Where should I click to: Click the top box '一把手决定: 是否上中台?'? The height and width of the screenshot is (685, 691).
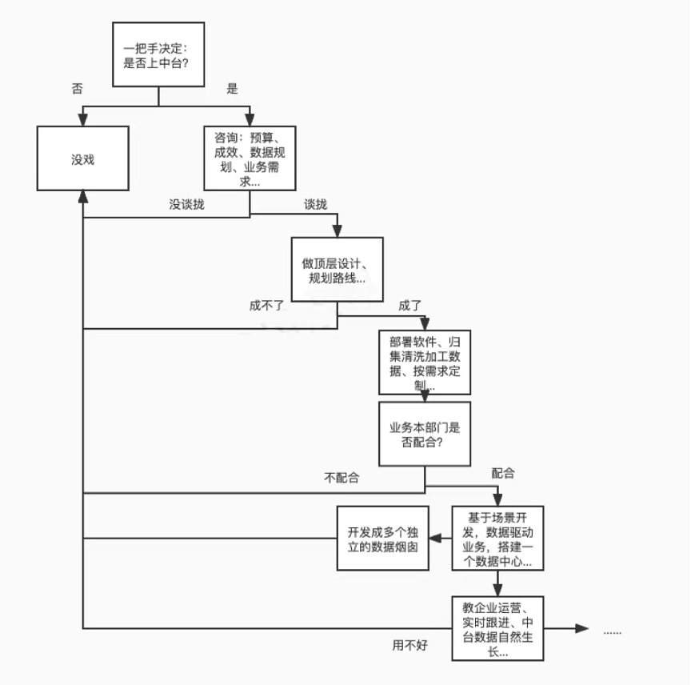[x=158, y=54]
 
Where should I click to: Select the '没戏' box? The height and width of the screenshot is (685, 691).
[x=83, y=158]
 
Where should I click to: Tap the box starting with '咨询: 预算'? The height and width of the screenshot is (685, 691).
[x=250, y=158]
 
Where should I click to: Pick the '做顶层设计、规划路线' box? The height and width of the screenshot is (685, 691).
[x=337, y=270]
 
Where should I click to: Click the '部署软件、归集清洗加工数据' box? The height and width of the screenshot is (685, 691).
[x=424, y=363]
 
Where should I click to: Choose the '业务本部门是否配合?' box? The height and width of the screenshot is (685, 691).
[x=424, y=434]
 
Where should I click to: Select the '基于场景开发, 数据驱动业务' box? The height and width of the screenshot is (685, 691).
[x=497, y=538]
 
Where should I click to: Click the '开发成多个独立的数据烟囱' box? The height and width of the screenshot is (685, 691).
[x=382, y=538]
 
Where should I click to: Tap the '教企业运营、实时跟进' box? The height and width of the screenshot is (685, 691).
[x=497, y=627]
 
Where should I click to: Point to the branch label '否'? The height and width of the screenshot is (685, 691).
[x=78, y=89]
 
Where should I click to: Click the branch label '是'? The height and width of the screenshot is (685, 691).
[x=232, y=89]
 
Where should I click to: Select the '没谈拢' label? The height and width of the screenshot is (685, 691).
[x=186, y=204]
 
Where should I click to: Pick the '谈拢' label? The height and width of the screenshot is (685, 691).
[x=315, y=204]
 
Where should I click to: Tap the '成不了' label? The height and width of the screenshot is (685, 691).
[x=266, y=305]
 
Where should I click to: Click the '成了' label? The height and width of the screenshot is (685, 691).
[x=409, y=305]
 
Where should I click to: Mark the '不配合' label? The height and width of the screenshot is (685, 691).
[x=342, y=479]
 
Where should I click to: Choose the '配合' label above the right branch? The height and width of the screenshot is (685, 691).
[x=503, y=473]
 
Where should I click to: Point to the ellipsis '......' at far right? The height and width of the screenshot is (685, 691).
[x=612, y=631]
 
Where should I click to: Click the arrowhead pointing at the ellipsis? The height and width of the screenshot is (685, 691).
[x=582, y=628]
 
